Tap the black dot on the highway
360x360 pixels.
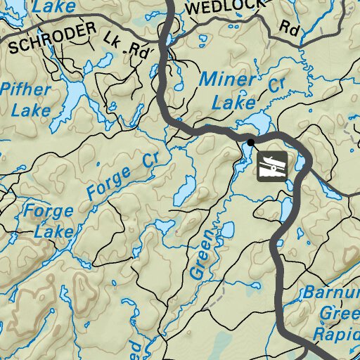(250, 143)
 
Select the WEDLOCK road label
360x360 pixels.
(225, 8)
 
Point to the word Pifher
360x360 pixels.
(26, 89)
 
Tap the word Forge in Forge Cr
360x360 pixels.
(109, 181)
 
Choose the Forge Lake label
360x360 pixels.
(48, 220)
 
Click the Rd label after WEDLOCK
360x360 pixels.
(288, 29)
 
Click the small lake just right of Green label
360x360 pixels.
(227, 230)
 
